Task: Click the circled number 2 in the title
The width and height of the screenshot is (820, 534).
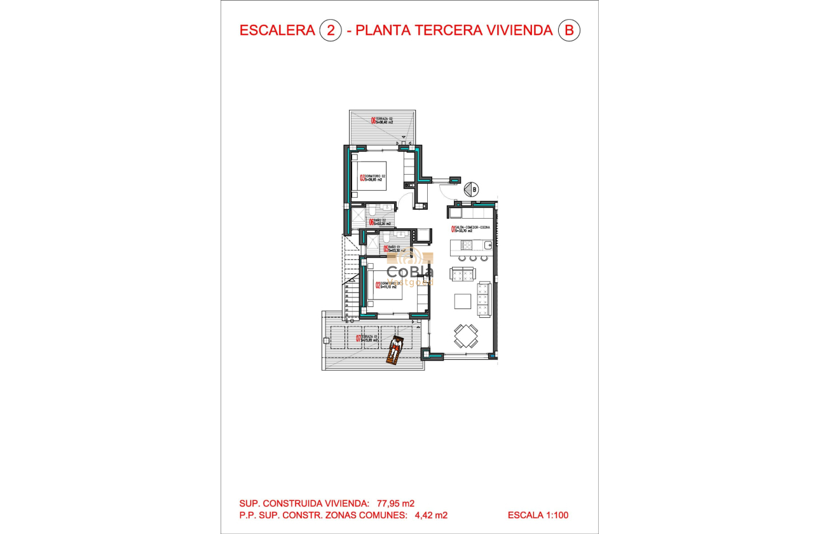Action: point(330,31)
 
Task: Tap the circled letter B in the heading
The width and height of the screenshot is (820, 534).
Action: point(569,31)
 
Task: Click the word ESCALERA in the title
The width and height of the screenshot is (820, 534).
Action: point(277,31)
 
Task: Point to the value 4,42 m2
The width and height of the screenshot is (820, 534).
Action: point(429,516)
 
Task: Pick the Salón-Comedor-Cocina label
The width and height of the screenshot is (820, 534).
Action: point(472,229)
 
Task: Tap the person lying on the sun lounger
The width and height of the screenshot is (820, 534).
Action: point(395,349)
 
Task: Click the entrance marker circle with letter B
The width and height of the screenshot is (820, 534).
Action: point(471,189)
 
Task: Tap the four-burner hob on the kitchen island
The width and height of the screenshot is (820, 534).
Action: point(461,245)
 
